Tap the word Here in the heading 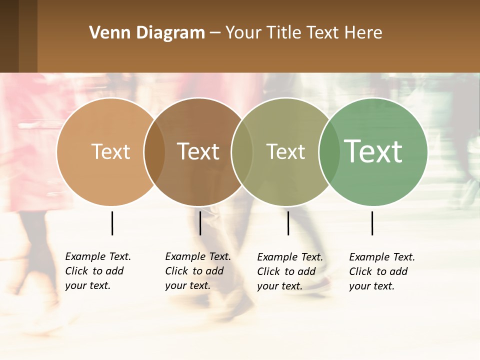coord(364,33)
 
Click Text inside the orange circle coord(110,152)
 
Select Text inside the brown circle coord(198,152)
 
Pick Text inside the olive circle coord(285,152)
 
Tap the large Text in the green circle coord(373,151)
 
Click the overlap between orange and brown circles coord(154,152)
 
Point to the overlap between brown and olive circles coord(242,152)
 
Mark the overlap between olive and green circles coord(329,152)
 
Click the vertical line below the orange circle coord(112,223)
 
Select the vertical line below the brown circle coord(200,223)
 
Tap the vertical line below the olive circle coord(288,223)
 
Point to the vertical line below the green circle coord(372,223)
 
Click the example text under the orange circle coord(98,271)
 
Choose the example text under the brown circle coord(198,271)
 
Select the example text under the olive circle coord(290,271)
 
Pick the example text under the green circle coord(382,271)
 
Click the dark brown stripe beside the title coord(9,36)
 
